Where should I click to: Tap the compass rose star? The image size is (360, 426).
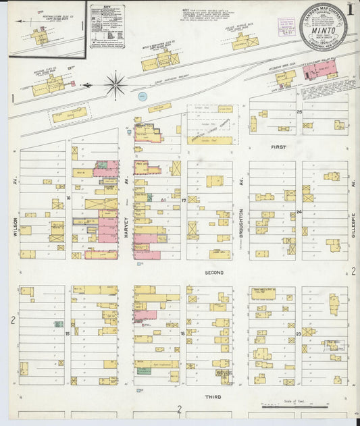115,86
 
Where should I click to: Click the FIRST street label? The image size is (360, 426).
278,147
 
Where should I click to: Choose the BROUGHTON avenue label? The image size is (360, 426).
240,223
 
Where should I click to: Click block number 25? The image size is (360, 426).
299,111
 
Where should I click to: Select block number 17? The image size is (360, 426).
183,201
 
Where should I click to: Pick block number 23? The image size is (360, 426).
298,334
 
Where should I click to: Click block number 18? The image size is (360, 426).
183,334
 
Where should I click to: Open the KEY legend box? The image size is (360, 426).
107,27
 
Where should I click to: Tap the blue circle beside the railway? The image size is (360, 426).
142,96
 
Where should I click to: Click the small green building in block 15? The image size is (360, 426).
59,324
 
